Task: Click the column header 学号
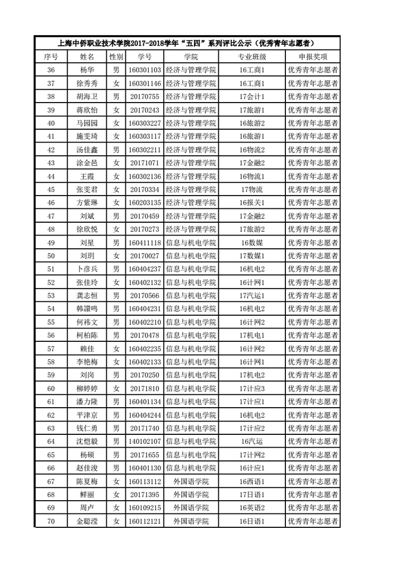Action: [145, 56]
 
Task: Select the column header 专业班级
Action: [252, 56]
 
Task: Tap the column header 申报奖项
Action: [314, 56]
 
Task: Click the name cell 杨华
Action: [87, 70]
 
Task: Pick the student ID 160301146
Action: [145, 83]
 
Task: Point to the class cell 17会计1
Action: [252, 96]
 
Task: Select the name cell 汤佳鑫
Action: [87, 149]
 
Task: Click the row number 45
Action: [51, 189]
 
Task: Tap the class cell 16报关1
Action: [252, 203]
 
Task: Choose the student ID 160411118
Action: [145, 242]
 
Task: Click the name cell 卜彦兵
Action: [87, 269]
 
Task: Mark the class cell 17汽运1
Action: [252, 296]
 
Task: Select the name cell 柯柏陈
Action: [87, 335]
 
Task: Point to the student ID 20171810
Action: [145, 389]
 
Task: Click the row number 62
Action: [51, 415]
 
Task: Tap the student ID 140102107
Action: [145, 442]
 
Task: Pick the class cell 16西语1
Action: [252, 482]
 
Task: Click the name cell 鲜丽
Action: [87, 495]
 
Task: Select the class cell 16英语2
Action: [252, 508]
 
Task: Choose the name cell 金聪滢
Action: [87, 521]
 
